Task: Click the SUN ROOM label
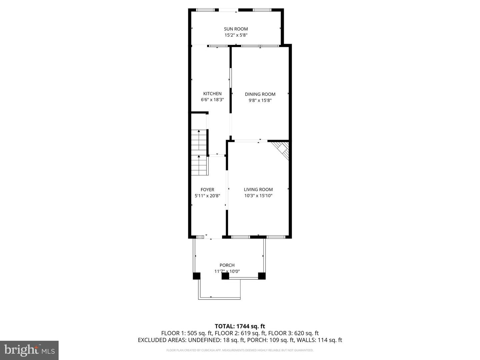click(x=236, y=29)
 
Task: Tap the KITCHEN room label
click(x=212, y=94)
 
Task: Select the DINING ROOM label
click(x=260, y=94)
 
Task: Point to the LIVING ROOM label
click(x=258, y=190)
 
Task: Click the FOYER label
click(x=207, y=190)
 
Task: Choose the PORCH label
click(x=227, y=265)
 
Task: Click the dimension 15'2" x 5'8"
click(x=236, y=35)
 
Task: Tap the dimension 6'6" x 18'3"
click(x=212, y=100)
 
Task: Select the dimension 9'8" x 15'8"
click(x=260, y=100)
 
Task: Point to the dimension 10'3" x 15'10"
click(x=258, y=196)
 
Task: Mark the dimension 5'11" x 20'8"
click(x=207, y=196)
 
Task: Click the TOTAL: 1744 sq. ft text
click(x=240, y=326)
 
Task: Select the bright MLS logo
click(x=29, y=350)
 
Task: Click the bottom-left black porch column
click(x=197, y=276)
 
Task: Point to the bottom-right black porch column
click(x=262, y=276)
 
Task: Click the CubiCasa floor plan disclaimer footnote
click(x=240, y=350)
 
